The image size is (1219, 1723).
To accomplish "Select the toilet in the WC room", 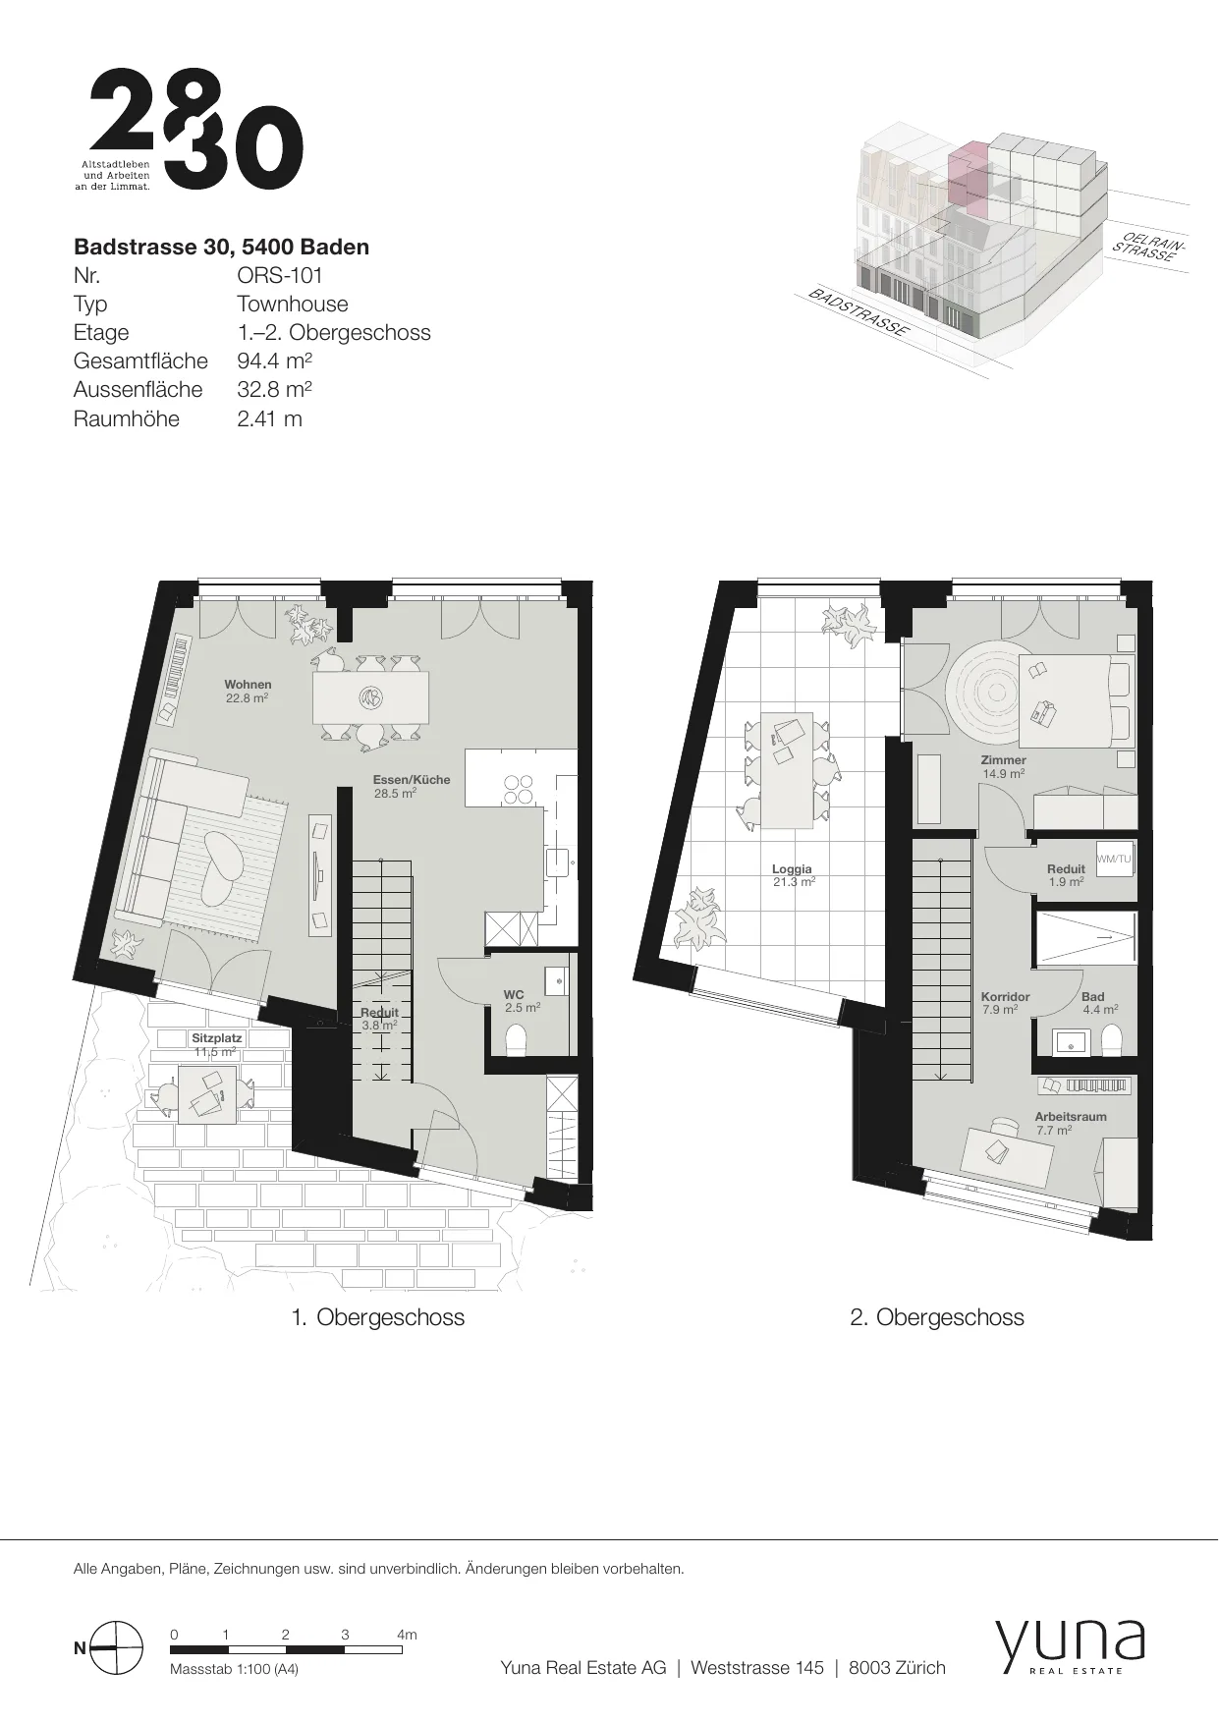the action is pyautogui.click(x=516, y=1040).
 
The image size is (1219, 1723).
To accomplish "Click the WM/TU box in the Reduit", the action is pyautogui.click(x=1114, y=860).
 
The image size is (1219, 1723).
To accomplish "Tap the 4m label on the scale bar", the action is pyautogui.click(x=407, y=1635).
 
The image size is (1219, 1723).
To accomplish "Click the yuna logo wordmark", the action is pyautogui.click(x=1070, y=1643).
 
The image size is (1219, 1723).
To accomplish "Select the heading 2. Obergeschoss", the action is pyautogui.click(x=937, y=1317).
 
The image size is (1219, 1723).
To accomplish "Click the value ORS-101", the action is pyautogui.click(x=280, y=275).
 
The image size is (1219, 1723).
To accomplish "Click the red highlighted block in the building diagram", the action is pyautogui.click(x=967, y=177).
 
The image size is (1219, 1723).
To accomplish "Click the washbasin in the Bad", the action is pyautogui.click(x=1069, y=1041).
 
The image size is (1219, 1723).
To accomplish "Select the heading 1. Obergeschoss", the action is pyautogui.click(x=378, y=1317).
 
